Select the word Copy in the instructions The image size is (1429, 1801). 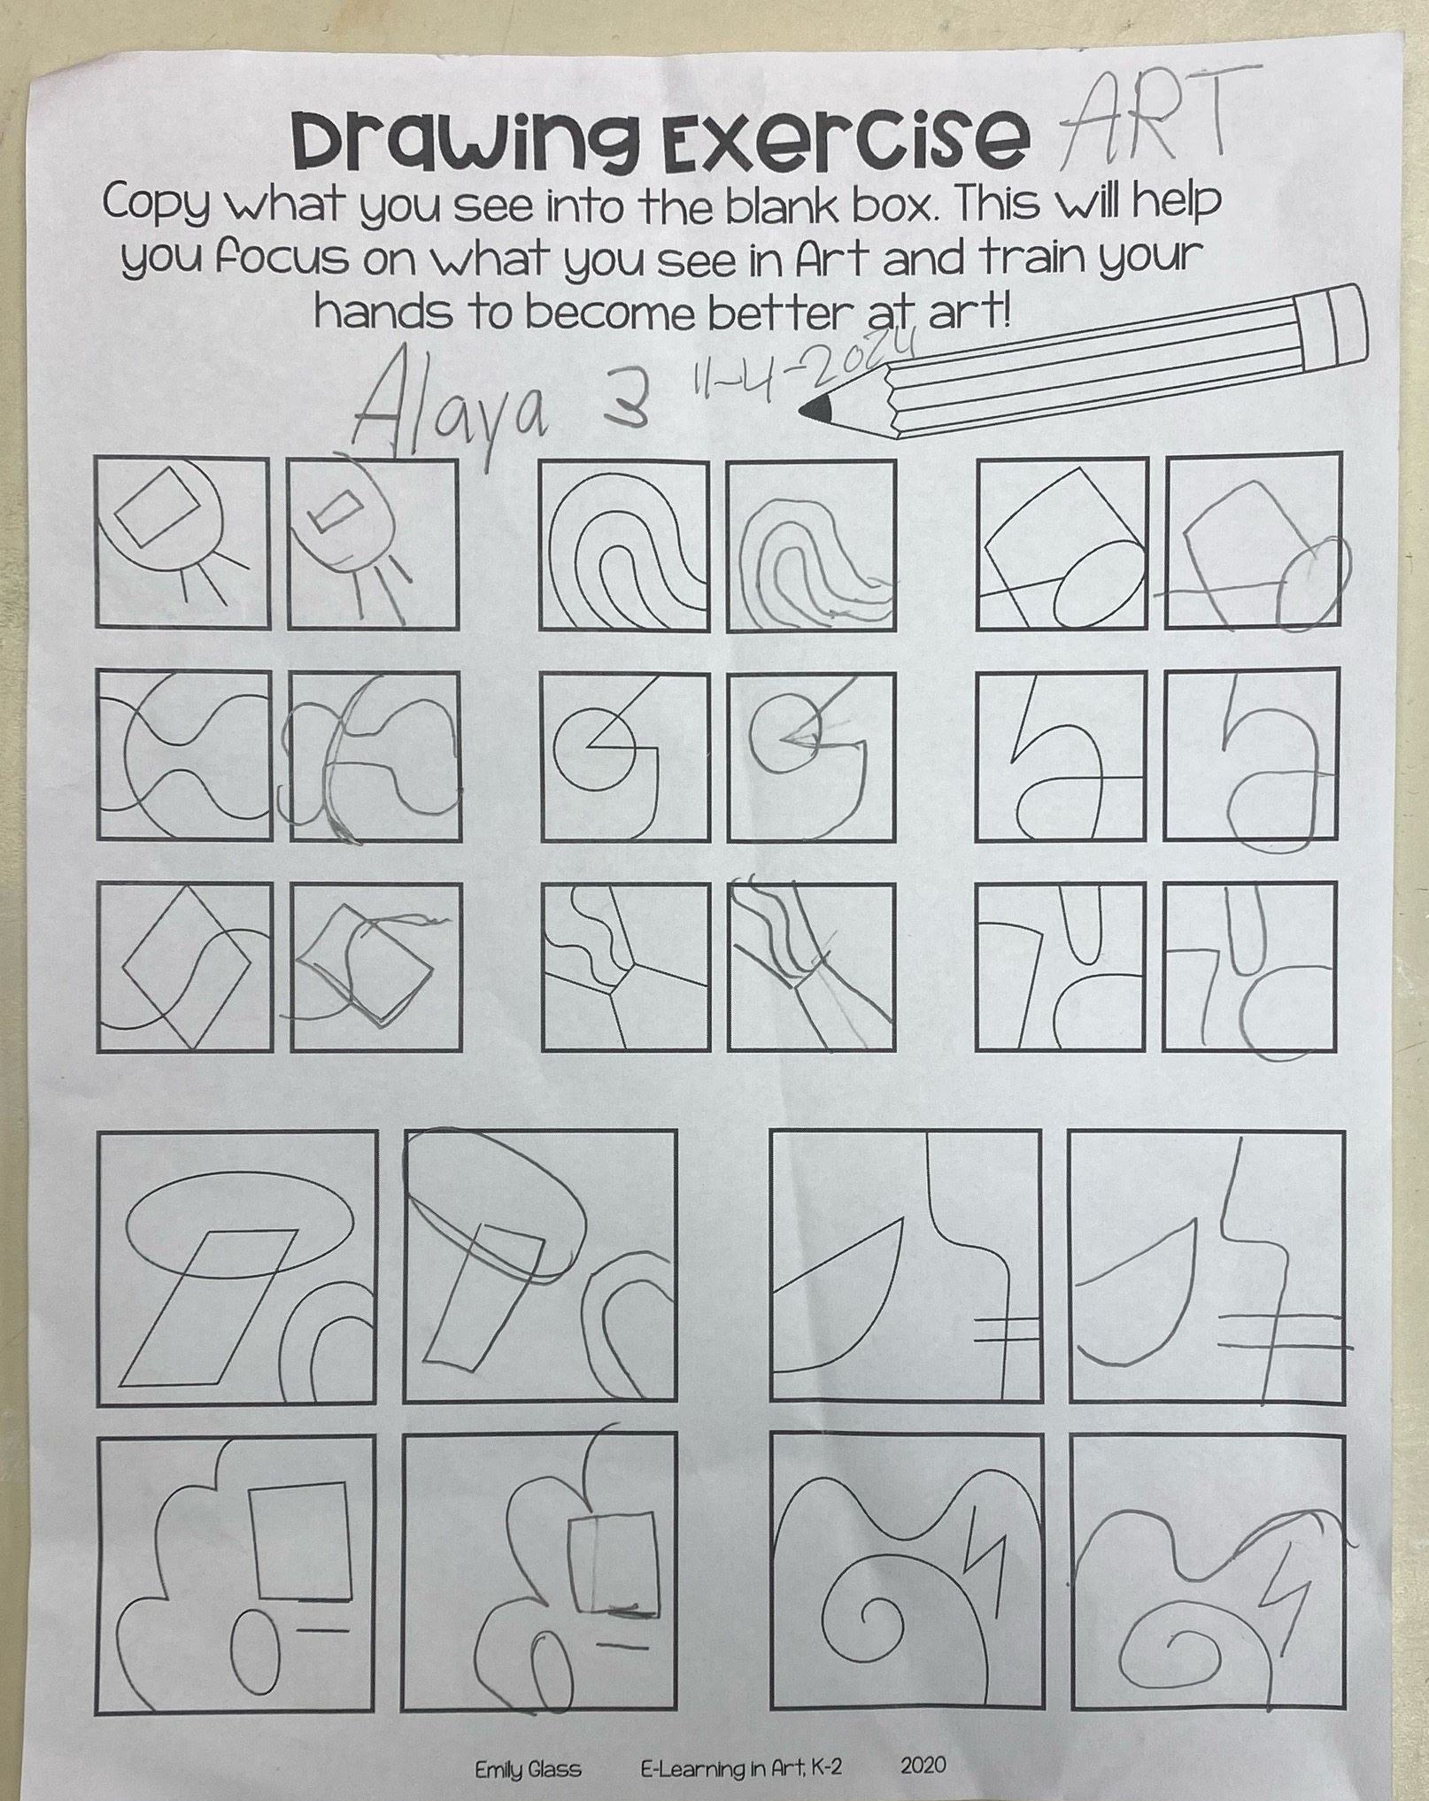(158, 208)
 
